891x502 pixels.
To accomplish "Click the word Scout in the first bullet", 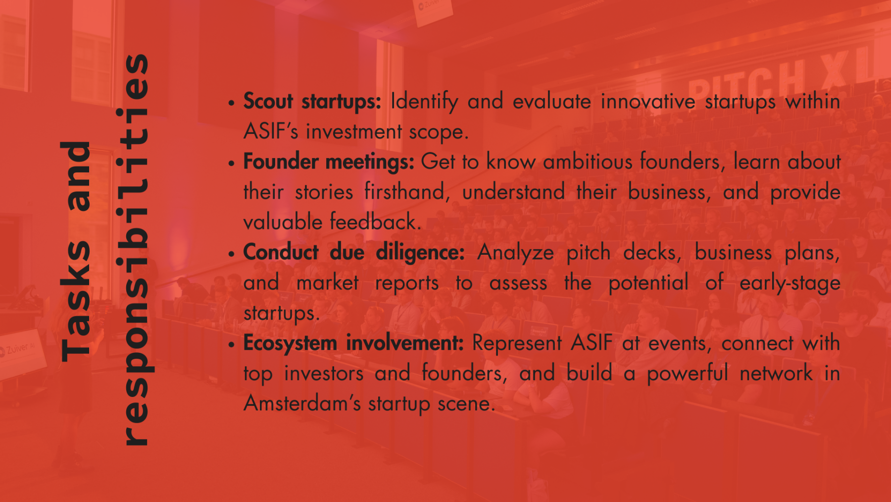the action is point(268,101).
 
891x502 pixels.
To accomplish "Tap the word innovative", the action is point(648,102).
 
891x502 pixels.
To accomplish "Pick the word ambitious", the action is point(588,162).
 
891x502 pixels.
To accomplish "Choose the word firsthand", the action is point(407,192).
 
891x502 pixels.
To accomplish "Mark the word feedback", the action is point(376,222).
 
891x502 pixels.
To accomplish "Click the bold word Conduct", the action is point(281,252).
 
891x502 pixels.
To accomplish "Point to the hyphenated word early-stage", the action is point(790,283).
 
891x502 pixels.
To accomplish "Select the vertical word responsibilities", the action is point(133,249).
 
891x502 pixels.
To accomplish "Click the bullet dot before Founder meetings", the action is point(231,163).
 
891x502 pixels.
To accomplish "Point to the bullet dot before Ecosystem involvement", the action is point(231,344).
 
